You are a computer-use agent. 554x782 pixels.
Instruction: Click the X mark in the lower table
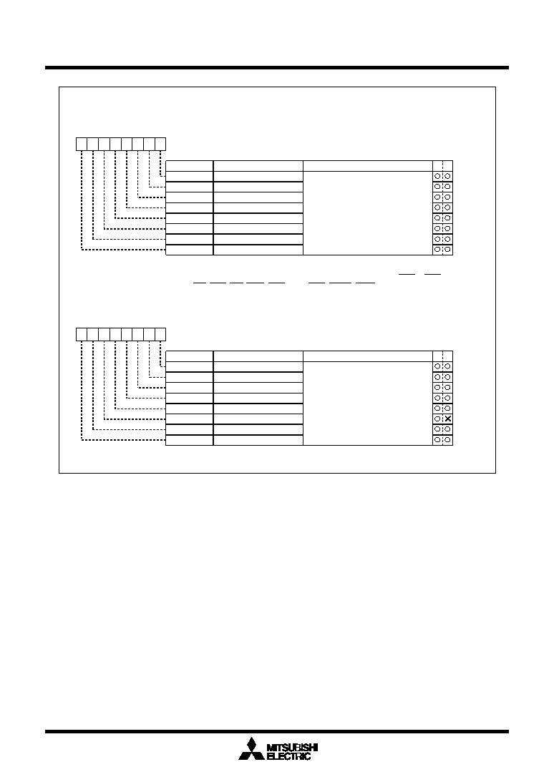447,419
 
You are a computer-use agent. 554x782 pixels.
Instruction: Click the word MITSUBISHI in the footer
292,747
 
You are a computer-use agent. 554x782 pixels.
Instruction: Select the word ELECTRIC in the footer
288,756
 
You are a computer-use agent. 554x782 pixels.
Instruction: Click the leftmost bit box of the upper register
82,144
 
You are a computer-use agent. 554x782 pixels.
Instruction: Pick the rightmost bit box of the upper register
160,144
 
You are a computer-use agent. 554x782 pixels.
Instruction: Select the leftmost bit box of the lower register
82,335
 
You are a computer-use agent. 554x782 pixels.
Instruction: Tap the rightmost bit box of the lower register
160,335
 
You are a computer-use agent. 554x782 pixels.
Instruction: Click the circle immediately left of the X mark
438,419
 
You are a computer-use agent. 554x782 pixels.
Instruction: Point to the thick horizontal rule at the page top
277,67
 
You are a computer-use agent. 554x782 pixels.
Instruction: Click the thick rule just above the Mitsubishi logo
277,732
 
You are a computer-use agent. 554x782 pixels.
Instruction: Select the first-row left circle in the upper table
438,176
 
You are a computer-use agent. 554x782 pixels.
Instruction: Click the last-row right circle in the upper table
447,250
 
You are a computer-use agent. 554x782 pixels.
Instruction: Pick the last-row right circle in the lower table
447,440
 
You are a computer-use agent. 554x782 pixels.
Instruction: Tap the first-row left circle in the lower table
438,366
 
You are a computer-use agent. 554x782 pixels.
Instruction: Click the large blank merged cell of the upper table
368,213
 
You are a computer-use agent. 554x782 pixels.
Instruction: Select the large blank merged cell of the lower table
368,404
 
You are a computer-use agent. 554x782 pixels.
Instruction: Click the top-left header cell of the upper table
189,166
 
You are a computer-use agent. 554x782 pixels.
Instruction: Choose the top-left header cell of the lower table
189,356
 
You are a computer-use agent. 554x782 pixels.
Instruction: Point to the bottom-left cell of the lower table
189,440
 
